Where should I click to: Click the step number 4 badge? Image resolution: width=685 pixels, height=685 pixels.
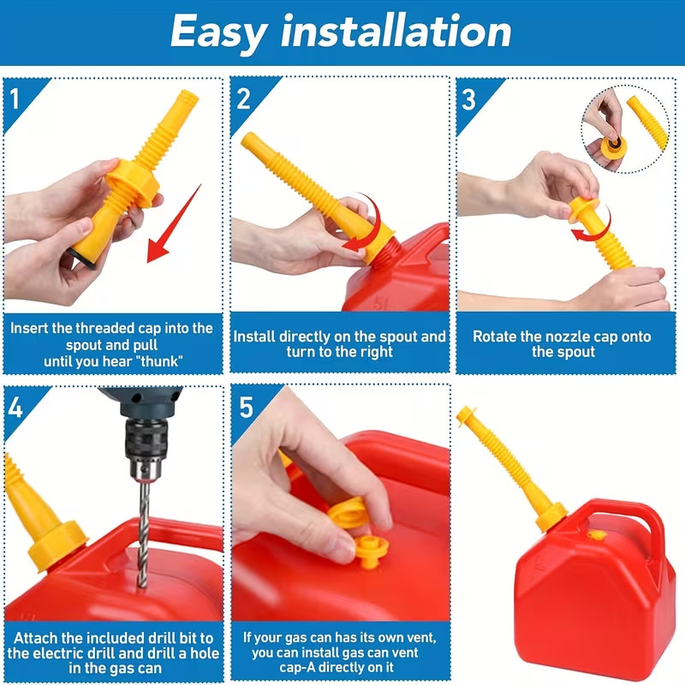15,406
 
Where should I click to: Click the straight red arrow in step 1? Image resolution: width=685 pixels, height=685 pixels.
175,223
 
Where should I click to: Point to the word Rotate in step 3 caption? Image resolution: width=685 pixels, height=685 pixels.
495,337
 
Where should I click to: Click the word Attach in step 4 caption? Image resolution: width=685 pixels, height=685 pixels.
39,638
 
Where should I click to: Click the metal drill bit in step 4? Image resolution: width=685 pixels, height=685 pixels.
142,531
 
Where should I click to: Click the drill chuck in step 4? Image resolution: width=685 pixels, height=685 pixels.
141,450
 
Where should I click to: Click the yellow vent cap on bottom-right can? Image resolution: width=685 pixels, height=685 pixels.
598,535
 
